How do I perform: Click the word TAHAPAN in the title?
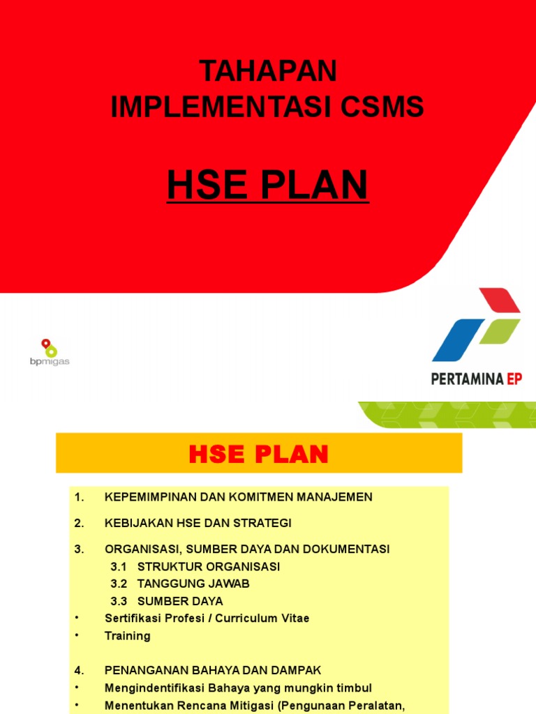pyautogui.click(x=267, y=70)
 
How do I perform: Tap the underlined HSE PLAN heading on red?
pyautogui.click(x=267, y=185)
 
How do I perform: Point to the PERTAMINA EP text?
pyautogui.click(x=477, y=379)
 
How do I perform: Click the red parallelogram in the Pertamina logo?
pyautogui.click(x=499, y=301)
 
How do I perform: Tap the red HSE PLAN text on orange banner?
pyautogui.click(x=258, y=455)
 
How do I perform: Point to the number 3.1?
pyautogui.click(x=118, y=567)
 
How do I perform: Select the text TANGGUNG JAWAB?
pyautogui.click(x=193, y=584)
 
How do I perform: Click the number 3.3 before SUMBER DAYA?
pyautogui.click(x=118, y=601)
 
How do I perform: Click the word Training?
pyautogui.click(x=127, y=636)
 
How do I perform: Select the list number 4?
pyautogui.click(x=79, y=671)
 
